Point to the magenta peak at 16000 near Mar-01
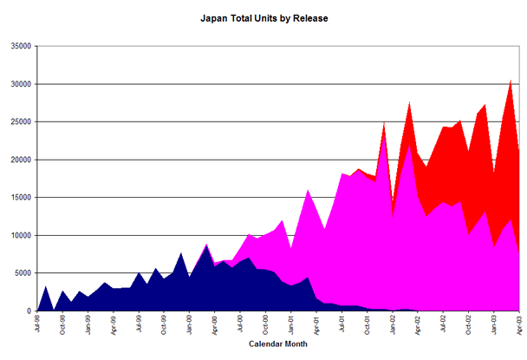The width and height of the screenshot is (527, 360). point(308,190)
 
